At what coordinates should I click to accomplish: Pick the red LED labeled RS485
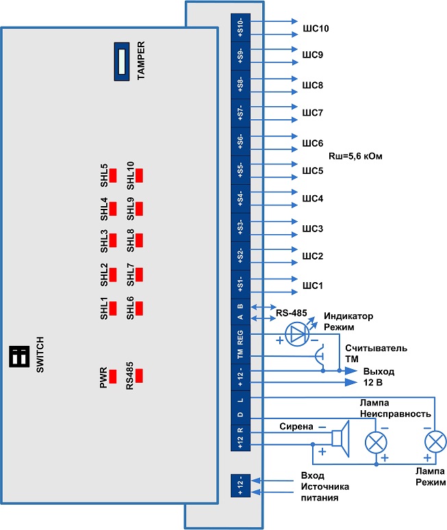pos(139,375)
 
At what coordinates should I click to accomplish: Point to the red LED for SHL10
pos(139,175)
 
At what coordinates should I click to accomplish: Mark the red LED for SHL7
pos(139,275)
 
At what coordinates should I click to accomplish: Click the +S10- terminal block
pos(240,29)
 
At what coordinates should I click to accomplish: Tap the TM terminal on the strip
pos(240,354)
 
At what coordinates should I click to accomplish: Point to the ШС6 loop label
pos(312,143)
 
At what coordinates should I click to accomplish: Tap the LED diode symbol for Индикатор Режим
pos(296,333)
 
